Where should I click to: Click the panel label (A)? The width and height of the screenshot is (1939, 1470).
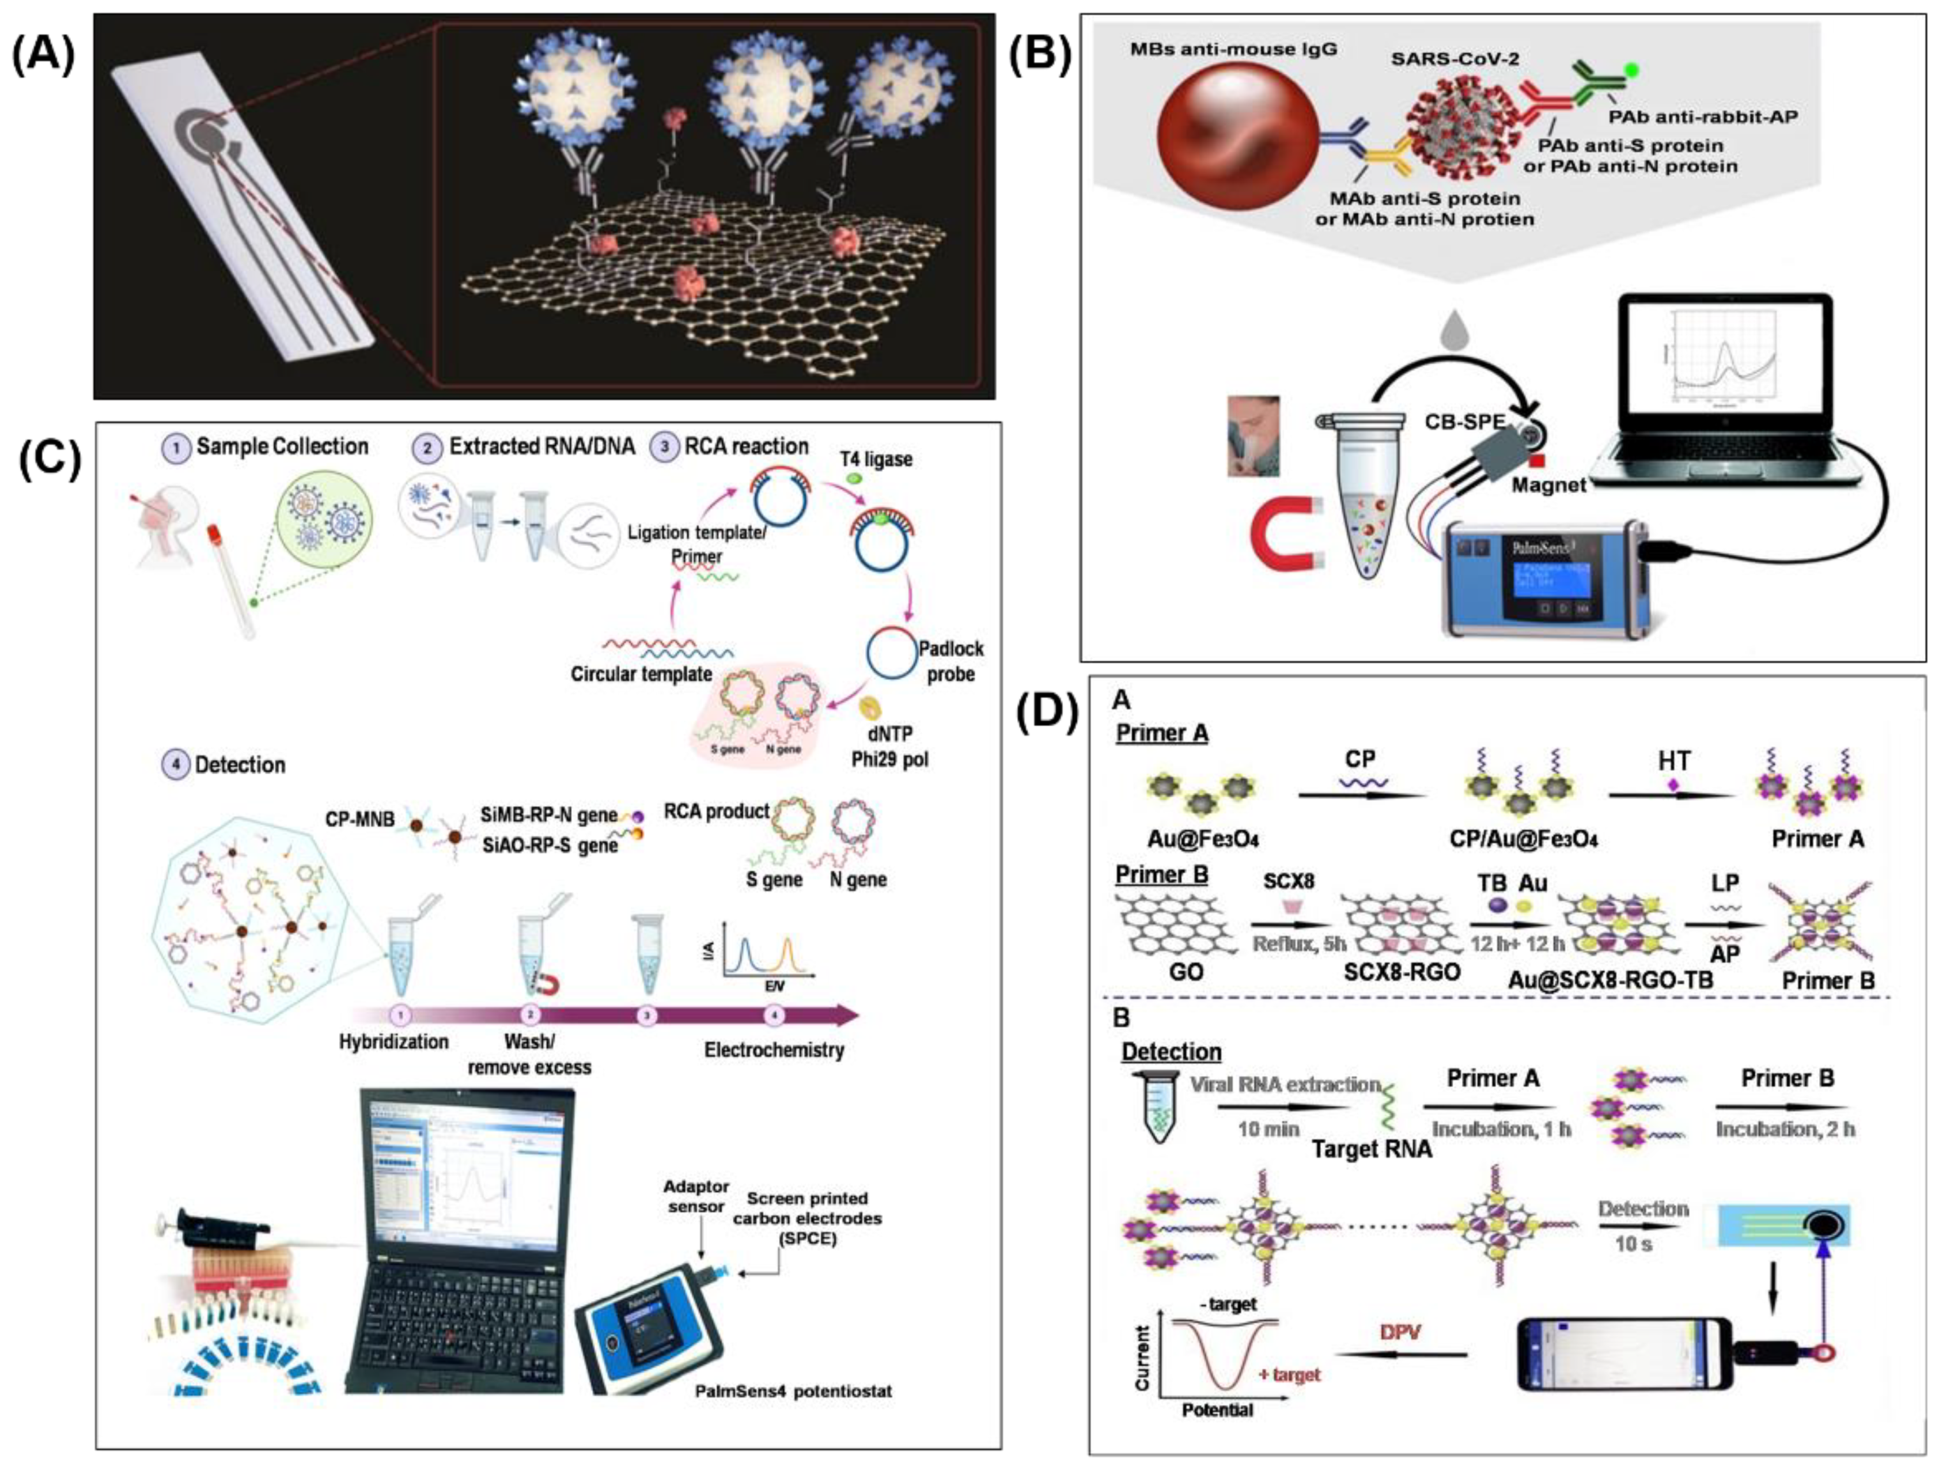pyautogui.click(x=43, y=57)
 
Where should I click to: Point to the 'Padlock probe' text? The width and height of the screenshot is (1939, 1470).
pyautogui.click(x=950, y=662)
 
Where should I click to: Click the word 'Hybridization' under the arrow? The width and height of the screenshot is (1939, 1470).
pyautogui.click(x=393, y=1041)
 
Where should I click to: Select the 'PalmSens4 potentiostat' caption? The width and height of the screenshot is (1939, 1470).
pyautogui.click(x=793, y=1391)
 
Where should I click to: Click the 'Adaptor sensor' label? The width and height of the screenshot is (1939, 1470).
pyautogui.click(x=696, y=1196)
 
